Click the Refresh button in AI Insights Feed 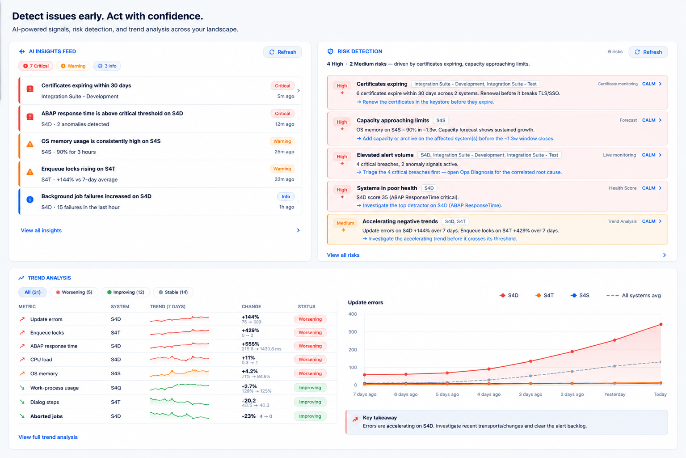(x=282, y=52)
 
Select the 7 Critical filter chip (x=35, y=66)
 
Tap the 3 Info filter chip (x=107, y=66)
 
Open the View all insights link (x=41, y=230)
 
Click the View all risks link (x=343, y=255)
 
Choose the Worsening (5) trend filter (x=74, y=292)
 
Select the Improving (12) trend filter (x=126, y=292)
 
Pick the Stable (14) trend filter (x=173, y=292)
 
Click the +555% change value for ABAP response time (x=250, y=344)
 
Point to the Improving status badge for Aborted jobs (x=310, y=416)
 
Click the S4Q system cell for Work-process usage (x=116, y=388)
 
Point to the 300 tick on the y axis (x=353, y=332)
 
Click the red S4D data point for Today (x=661, y=324)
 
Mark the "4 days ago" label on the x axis (x=489, y=394)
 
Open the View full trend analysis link (x=48, y=437)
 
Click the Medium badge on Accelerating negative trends (x=345, y=223)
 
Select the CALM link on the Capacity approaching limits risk (x=648, y=120)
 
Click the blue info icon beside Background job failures (x=29, y=199)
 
